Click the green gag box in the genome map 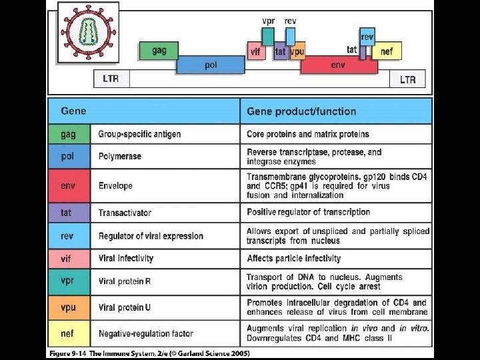158,51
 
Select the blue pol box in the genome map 211,65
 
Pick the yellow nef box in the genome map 387,51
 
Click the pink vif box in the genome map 255,51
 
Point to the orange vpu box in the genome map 298,51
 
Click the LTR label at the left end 111,79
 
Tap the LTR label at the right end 407,79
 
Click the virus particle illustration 88,31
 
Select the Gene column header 73,111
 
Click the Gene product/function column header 301,111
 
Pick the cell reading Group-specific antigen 139,134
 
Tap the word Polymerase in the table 119,157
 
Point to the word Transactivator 125,213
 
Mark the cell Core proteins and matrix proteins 307,134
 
